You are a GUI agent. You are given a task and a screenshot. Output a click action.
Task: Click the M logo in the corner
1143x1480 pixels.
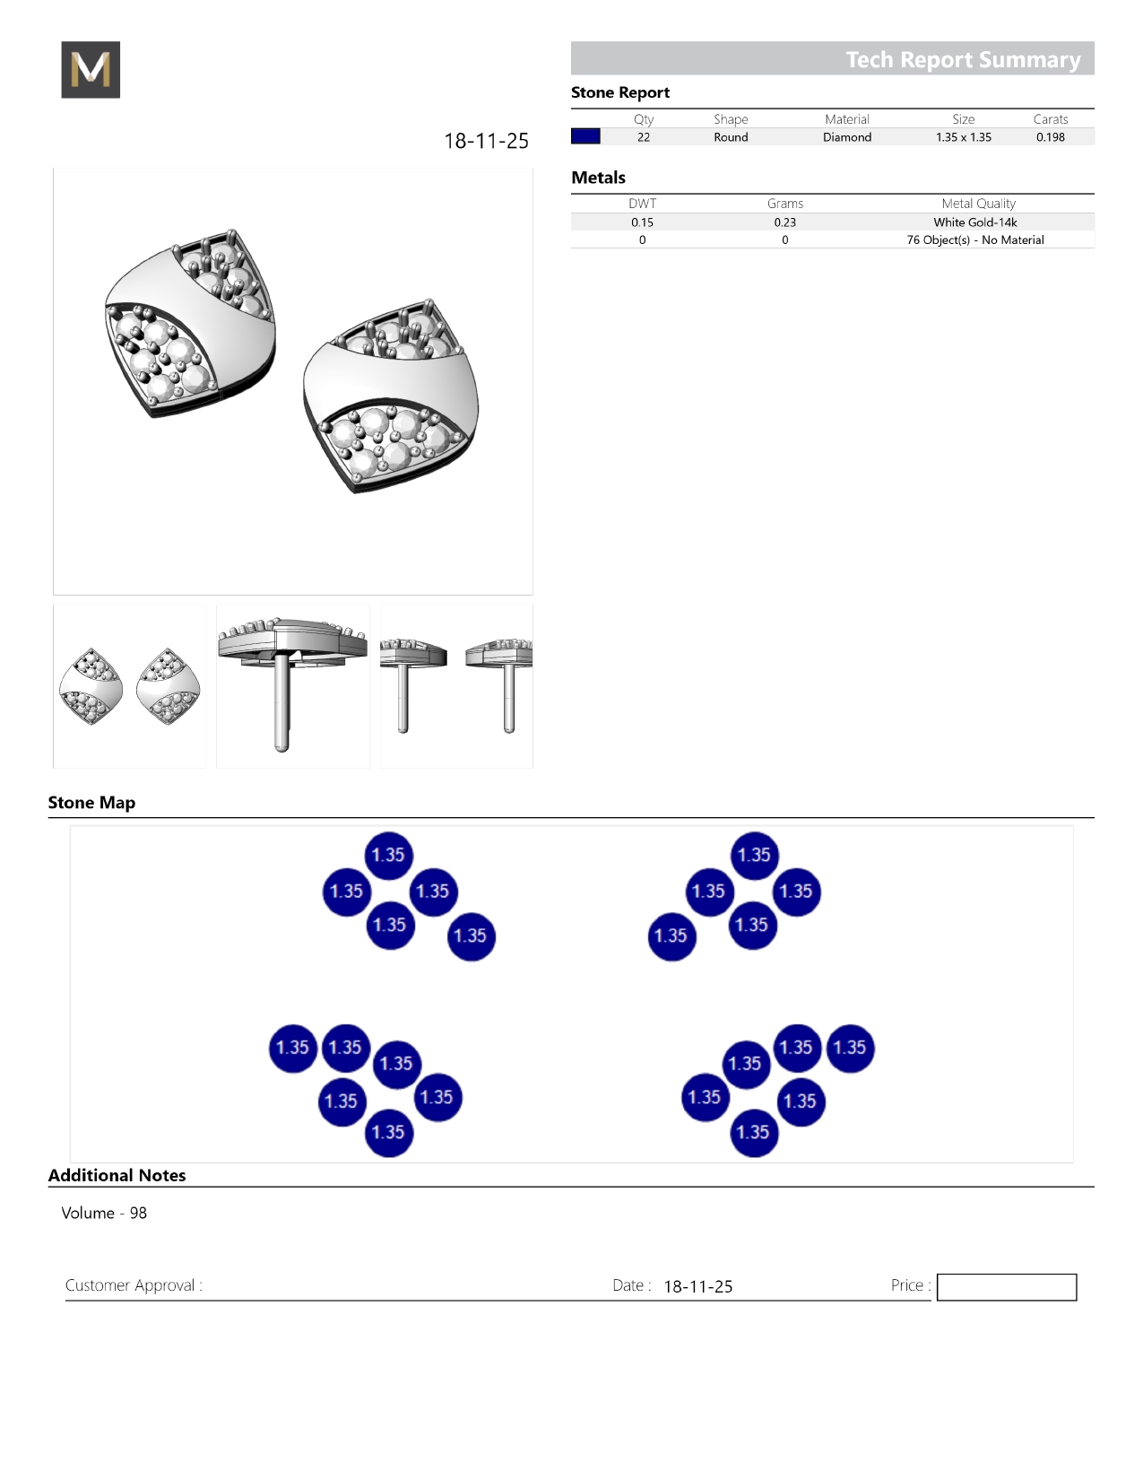91,69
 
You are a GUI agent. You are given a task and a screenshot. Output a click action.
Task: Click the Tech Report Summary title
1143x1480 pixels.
963,60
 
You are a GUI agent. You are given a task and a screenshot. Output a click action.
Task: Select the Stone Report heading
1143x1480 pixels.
620,92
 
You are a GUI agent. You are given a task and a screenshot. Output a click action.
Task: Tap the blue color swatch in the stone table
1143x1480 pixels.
585,136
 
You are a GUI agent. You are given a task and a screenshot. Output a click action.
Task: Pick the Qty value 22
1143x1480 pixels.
644,137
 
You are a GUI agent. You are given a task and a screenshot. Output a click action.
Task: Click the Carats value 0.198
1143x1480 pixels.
1051,137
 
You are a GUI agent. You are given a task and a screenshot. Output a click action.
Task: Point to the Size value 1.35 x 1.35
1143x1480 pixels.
964,137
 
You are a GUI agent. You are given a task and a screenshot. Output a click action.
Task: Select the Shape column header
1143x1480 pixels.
731,119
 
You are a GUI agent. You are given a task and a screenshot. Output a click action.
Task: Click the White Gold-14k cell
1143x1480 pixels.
974,222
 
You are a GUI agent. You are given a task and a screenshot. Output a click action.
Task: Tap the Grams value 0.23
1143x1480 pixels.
785,222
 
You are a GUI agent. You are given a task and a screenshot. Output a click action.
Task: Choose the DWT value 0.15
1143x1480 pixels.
642,222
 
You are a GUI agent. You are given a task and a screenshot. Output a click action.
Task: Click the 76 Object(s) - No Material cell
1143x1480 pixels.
974,239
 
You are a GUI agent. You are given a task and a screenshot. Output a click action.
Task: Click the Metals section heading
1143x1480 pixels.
598,178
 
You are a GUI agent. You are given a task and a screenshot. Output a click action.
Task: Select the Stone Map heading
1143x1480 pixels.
92,802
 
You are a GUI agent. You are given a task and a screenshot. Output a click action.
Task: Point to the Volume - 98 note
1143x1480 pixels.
104,1213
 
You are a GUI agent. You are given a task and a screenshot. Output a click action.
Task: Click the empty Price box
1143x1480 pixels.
1007,1287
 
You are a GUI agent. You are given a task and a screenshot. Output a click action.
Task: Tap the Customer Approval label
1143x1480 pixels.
134,1285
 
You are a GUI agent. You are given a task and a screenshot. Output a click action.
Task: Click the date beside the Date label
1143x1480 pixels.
697,1286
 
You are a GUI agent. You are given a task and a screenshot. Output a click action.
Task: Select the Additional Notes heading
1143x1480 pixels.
117,1176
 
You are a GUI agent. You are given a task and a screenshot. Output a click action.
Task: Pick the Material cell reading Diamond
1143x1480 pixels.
847,137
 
